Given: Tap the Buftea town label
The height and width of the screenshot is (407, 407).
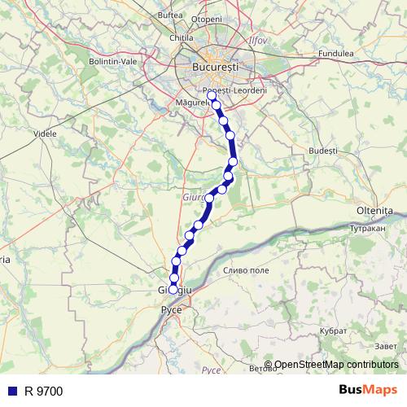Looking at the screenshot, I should (170, 15).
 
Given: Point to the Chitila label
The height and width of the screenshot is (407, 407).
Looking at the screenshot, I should (181, 37).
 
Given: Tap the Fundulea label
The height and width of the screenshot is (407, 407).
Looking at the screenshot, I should (336, 53).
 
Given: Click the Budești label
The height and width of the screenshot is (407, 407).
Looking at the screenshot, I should (323, 151).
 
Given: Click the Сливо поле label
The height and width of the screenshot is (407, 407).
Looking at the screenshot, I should (246, 269).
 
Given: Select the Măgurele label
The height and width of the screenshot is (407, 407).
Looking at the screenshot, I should (192, 103).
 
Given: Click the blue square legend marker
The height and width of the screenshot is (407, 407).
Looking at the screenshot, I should (11, 391).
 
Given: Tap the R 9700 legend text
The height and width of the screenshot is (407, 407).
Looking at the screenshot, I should (43, 391).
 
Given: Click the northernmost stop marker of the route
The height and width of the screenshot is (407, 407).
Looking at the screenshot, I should (212, 95).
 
